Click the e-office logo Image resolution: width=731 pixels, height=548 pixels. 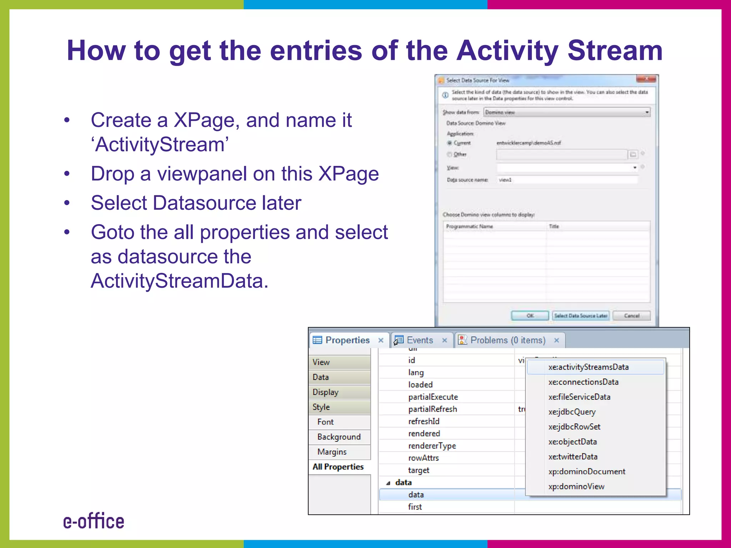94,521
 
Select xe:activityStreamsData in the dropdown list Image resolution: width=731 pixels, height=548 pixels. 588,367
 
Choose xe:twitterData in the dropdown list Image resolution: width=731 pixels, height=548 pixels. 573,457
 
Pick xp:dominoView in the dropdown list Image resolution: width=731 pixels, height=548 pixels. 576,487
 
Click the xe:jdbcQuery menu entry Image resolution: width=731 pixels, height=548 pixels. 572,412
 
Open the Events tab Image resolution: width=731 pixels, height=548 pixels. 419,340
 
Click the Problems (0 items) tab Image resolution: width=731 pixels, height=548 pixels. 508,340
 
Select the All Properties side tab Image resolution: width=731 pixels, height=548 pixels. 338,467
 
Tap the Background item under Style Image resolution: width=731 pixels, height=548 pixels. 339,437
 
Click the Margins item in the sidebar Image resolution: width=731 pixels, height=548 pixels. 332,452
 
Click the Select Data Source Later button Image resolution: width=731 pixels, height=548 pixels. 580,316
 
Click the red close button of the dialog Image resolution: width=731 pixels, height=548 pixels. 646,79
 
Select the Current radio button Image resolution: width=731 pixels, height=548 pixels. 450,143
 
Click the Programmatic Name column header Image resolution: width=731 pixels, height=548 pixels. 469,227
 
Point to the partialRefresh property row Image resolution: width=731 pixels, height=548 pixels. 433,409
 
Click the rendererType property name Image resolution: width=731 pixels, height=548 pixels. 432,446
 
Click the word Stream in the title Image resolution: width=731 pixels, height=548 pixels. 615,51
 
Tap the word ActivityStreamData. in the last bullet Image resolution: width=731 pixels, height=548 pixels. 179,281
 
